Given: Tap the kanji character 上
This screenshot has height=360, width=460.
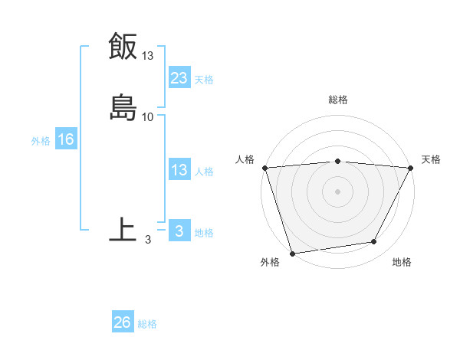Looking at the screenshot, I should pyautogui.click(x=123, y=229).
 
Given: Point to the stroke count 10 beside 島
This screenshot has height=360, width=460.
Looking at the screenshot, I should pyautogui.click(x=148, y=117).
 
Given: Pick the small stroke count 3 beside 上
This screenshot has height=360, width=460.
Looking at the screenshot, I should pyautogui.click(x=148, y=240).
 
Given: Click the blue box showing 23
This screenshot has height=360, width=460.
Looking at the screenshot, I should pyautogui.click(x=179, y=78).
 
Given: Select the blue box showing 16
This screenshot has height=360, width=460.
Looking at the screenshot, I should pyautogui.click(x=65, y=139).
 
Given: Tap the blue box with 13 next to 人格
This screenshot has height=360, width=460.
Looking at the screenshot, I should pyautogui.click(x=179, y=171).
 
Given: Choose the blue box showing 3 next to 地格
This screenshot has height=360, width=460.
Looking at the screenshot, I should pyautogui.click(x=179, y=231).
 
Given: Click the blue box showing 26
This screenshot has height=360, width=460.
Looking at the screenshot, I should pyautogui.click(x=123, y=322).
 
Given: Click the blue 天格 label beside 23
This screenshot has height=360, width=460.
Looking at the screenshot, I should pyautogui.click(x=204, y=80).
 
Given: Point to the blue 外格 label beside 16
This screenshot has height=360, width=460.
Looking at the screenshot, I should pyautogui.click(x=41, y=141).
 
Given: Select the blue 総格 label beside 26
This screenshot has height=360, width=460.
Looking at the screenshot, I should pyautogui.click(x=147, y=324).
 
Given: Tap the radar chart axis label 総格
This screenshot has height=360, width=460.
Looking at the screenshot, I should pyautogui.click(x=338, y=100).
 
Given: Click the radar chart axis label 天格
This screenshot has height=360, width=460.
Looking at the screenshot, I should pyautogui.click(x=431, y=159).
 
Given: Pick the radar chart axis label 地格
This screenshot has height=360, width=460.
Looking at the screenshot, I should pyautogui.click(x=402, y=262).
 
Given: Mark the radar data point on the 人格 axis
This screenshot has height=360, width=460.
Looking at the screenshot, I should pyautogui.click(x=264, y=168).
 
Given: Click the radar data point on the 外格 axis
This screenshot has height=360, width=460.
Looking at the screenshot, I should pyautogui.click(x=292, y=253).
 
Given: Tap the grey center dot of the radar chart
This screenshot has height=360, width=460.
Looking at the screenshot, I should pyautogui.click(x=338, y=191).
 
